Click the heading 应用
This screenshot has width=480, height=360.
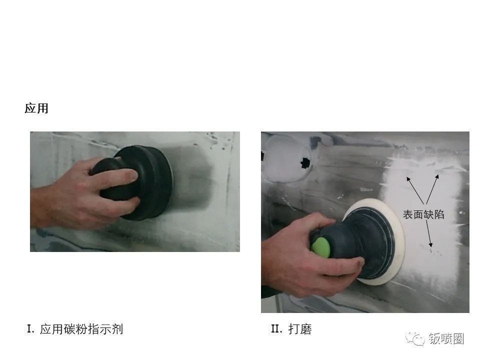36,108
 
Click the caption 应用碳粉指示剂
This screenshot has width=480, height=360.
81,329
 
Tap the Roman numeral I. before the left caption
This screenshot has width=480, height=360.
30,329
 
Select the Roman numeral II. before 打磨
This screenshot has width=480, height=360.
276,329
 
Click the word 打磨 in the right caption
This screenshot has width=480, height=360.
300,329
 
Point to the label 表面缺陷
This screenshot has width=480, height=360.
423,214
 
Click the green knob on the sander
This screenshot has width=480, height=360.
321,247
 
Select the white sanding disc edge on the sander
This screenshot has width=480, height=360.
397,242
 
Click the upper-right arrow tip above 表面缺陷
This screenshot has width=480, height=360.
438,175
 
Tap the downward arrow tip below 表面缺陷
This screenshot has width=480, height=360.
430,246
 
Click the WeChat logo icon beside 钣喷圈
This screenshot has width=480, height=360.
415,338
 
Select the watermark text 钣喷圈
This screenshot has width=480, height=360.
446,338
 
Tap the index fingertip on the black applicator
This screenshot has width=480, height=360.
133,174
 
